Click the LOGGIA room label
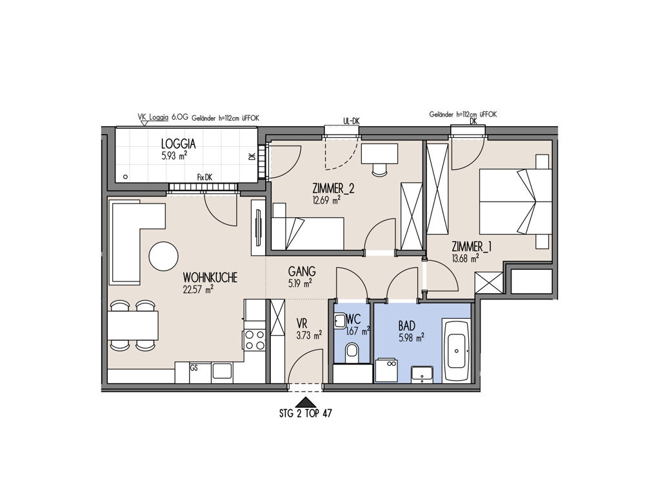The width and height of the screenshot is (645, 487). tap(179, 144)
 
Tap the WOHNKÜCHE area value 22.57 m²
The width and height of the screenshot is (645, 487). tap(198, 289)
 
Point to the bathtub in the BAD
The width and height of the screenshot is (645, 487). tap(457, 350)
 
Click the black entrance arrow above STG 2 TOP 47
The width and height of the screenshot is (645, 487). tap(304, 403)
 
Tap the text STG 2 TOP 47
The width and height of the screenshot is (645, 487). tap(305, 414)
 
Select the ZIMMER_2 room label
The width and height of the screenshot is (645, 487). tap(333, 189)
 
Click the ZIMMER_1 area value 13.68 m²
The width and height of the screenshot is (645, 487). tap(465, 258)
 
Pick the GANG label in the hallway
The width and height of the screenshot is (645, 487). tap(302, 272)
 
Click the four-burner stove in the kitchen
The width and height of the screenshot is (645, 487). tap(255, 340)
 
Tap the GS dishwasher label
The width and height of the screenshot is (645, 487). tap(193, 368)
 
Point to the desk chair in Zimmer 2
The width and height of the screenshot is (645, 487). tap(379, 169)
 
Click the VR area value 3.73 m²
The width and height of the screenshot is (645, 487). tap(309, 336)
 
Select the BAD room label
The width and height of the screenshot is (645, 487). tap(407, 326)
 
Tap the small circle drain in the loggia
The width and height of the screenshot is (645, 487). tap(126, 177)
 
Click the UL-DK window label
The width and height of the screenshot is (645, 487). tap(352, 121)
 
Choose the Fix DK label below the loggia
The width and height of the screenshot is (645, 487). tap(205, 178)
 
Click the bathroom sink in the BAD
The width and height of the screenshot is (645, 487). tap(422, 374)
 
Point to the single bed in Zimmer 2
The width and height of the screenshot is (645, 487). tap(308, 233)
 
